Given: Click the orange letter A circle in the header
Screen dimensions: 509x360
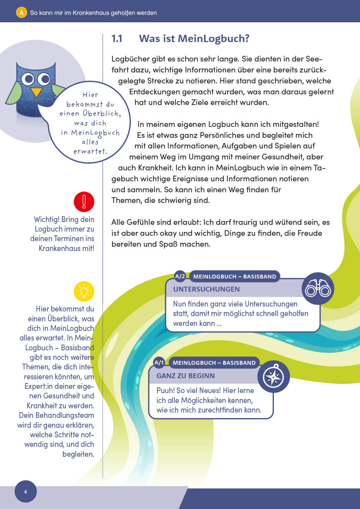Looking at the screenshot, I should click(x=21, y=13).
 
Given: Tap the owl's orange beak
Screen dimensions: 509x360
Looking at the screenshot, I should click(x=36, y=92).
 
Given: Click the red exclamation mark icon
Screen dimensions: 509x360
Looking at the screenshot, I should click(x=84, y=202).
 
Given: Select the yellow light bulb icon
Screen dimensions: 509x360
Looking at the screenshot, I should click(x=84, y=292).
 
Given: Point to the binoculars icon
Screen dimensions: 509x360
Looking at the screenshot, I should click(x=318, y=288).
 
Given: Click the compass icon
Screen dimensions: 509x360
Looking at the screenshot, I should click(x=273, y=376).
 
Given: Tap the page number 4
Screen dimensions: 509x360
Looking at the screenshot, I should click(x=25, y=492).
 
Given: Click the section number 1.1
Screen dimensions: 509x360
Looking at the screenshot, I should click(x=117, y=39).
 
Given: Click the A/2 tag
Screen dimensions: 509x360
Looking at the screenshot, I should click(x=180, y=276).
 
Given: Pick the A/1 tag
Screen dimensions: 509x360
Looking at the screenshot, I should click(x=159, y=363).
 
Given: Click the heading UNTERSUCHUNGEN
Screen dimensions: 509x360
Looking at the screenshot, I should click(x=207, y=289).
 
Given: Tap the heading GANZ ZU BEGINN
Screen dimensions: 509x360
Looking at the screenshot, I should click(x=186, y=376).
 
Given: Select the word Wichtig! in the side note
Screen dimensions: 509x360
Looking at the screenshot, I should click(x=46, y=220).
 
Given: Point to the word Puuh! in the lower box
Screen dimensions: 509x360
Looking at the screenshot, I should click(x=165, y=391).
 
